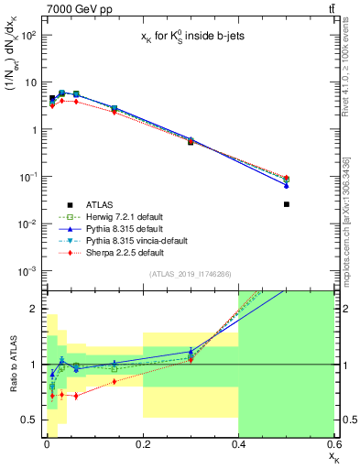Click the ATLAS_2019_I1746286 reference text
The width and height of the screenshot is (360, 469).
(x=189, y=274)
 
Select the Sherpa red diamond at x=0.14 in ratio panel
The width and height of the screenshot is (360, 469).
(x=114, y=381)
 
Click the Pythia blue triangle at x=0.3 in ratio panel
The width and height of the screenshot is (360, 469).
(x=191, y=351)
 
